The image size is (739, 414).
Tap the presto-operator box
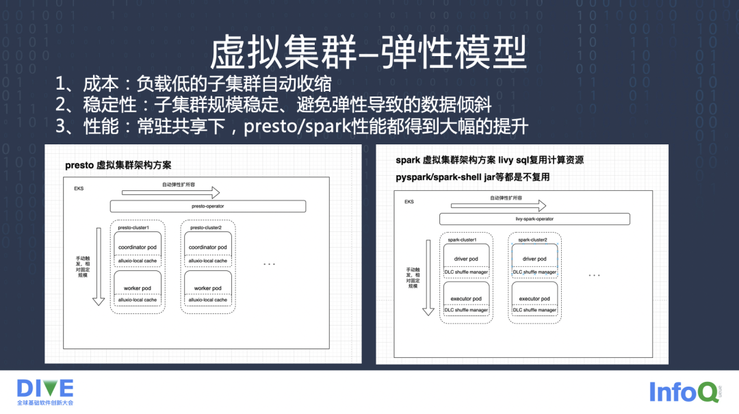click(207, 206)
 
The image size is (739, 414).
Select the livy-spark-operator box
click(534, 219)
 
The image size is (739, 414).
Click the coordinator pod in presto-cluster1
click(138, 247)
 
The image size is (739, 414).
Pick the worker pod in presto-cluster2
click(208, 288)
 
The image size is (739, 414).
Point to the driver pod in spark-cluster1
click(466, 259)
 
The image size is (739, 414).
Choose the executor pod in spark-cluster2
click(534, 298)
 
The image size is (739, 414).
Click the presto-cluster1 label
click(133, 227)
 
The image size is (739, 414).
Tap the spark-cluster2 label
click(532, 240)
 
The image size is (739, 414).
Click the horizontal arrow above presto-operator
click(170, 192)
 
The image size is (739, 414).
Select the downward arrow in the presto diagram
click(99, 266)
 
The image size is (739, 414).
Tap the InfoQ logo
click(684, 392)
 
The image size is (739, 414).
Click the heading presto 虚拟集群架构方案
click(118, 165)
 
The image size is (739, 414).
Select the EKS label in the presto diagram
click(79, 187)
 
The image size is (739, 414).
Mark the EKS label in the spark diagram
click(409, 202)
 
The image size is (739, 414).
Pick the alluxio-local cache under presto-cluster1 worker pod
click(138, 300)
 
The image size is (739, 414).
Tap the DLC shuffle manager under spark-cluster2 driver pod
click(534, 272)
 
